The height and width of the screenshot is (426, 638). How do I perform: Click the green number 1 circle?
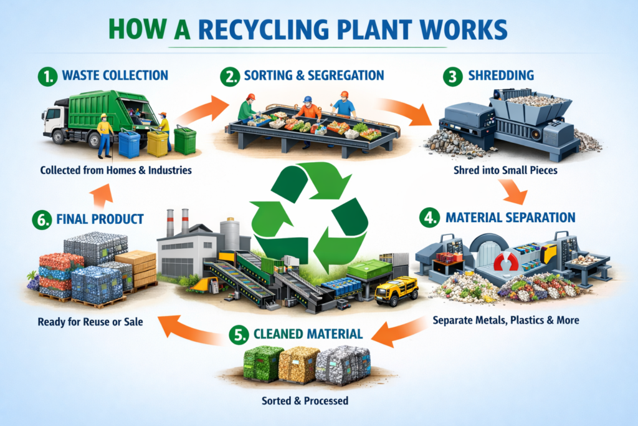48,76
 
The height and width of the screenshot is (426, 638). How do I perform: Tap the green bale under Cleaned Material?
260,364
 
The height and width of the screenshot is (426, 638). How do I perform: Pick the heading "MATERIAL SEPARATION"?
510,218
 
